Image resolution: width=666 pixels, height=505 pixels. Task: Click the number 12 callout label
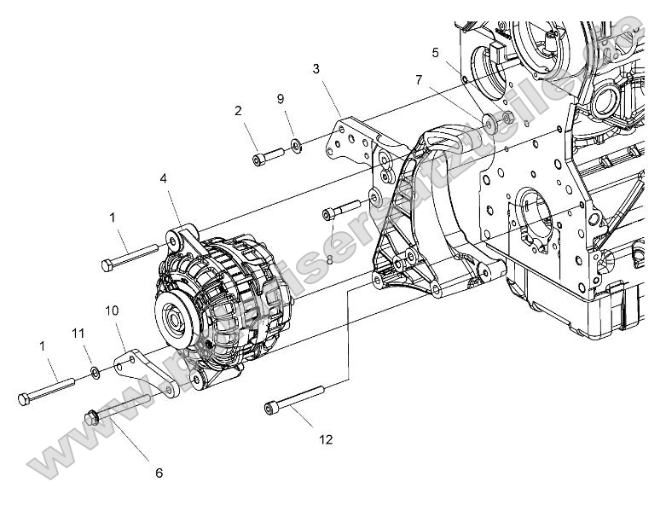(326, 440)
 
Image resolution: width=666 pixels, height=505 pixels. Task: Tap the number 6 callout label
(158, 473)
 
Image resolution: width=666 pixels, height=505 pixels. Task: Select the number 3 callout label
(316, 68)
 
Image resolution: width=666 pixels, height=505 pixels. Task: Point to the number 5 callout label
(436, 52)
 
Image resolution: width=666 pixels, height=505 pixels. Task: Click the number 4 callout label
(162, 179)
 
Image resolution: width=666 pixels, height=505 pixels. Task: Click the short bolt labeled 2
(268, 156)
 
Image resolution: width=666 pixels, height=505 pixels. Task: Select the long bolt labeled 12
(295, 398)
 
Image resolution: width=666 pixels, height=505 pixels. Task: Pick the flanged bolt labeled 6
(119, 406)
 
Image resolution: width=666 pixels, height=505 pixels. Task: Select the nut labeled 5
(507, 117)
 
